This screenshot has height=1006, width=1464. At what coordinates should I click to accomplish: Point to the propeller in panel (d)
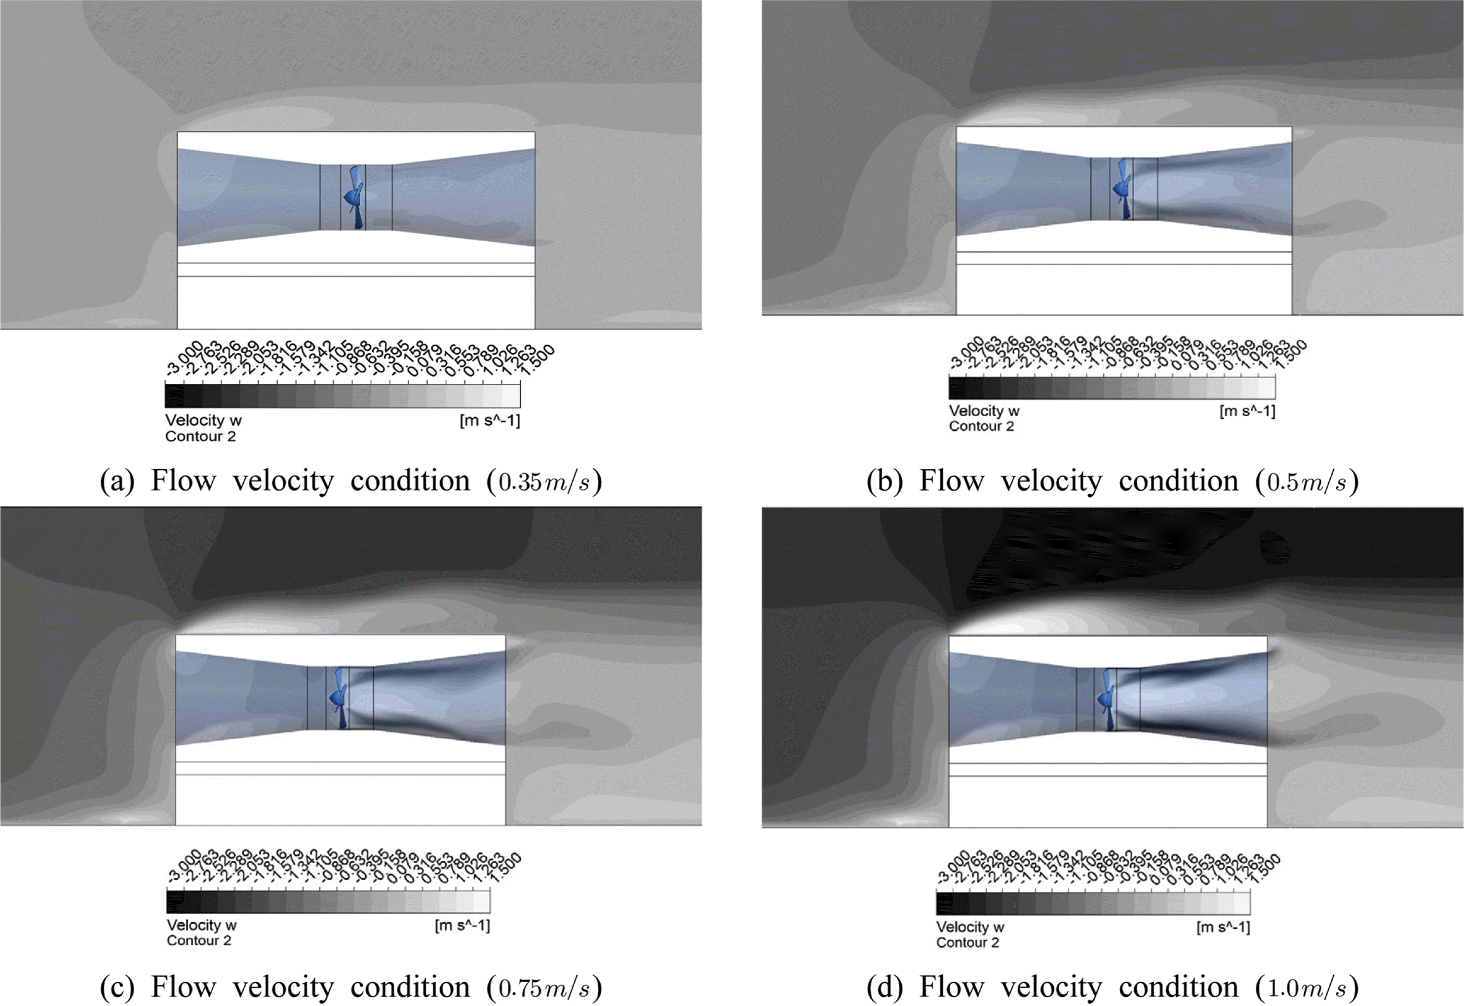click(x=1106, y=698)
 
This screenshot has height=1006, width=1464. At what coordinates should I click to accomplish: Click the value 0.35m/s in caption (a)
click(x=545, y=482)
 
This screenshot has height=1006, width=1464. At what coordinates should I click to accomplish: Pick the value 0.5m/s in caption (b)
click(x=1307, y=482)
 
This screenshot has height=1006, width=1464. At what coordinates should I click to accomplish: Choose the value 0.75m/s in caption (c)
click(x=545, y=988)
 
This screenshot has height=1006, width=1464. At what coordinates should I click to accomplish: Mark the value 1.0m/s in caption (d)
click(x=1307, y=988)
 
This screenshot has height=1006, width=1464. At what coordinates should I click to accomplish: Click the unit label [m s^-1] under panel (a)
click(x=490, y=420)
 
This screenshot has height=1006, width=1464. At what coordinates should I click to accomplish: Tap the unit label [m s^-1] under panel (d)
click(x=1223, y=927)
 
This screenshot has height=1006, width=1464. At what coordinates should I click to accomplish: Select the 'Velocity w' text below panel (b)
click(x=983, y=411)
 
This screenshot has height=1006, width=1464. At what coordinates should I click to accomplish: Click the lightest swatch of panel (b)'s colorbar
click(x=1266, y=388)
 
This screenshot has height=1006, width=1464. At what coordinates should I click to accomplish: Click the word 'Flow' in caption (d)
click(x=951, y=987)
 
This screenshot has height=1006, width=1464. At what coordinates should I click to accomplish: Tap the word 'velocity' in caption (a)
click(x=283, y=482)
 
